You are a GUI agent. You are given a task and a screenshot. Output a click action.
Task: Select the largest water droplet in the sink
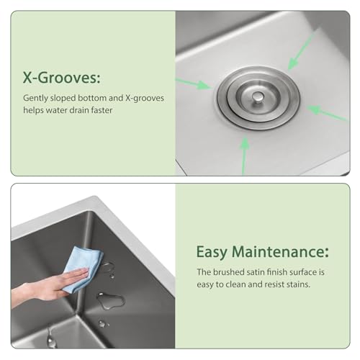click(x=109, y=300)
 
